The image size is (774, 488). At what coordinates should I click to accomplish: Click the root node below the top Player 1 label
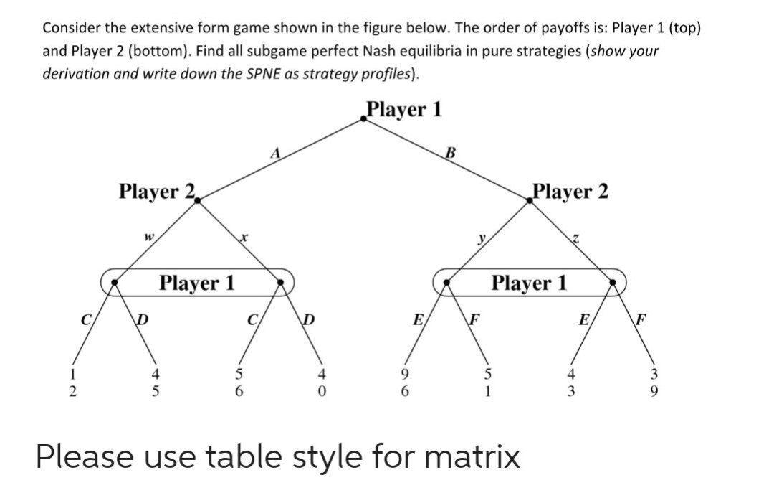coord(364,120)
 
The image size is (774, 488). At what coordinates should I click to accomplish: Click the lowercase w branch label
coord(148,235)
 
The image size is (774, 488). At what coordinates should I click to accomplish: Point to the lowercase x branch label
coord(244,235)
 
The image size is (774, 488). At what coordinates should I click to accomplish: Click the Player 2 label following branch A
coord(156,192)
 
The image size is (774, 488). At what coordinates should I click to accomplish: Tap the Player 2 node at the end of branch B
coord(530,202)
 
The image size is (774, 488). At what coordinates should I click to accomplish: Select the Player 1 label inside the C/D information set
coord(196,283)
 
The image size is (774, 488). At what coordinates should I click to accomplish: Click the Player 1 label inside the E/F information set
coord(529,283)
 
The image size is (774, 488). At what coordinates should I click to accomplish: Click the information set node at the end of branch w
coord(115,283)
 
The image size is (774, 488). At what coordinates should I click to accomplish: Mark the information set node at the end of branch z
coord(613,283)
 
